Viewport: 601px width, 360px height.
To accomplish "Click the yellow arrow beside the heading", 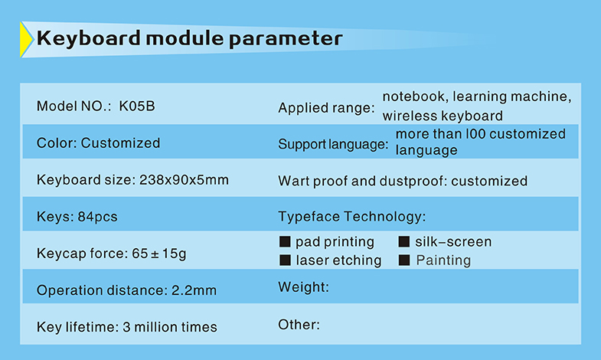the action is pos(26,40).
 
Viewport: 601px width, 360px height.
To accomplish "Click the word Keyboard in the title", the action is pos(89,39).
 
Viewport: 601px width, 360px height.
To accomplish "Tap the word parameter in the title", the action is pos(286,40).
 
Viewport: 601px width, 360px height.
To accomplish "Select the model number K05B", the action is pos(137,106).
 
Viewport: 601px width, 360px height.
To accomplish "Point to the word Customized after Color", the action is pos(120,142).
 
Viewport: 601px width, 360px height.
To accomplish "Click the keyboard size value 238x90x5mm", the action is pos(184,179).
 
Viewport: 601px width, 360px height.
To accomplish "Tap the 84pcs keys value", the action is pos(97,217).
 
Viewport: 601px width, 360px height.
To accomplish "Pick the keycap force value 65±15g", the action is pos(159,254).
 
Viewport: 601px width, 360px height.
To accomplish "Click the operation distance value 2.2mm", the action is pos(194,290).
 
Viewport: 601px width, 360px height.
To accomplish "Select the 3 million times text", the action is pos(170,327).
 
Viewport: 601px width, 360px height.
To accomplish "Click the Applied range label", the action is pos(326,108).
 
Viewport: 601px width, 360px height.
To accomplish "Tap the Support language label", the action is pos(333,144).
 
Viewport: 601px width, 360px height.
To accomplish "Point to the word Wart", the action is pos(293,181).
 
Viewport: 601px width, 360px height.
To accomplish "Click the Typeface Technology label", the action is pos(352,217).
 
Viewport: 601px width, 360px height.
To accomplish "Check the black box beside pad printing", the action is pos(285,241).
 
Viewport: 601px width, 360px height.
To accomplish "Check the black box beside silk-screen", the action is pos(404,241).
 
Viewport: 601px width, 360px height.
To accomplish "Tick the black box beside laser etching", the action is pos(285,260).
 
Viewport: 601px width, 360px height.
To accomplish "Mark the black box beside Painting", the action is pos(404,260).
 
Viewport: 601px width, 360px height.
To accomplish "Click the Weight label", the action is pos(304,287).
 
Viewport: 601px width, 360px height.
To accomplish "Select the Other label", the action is pos(299,325).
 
